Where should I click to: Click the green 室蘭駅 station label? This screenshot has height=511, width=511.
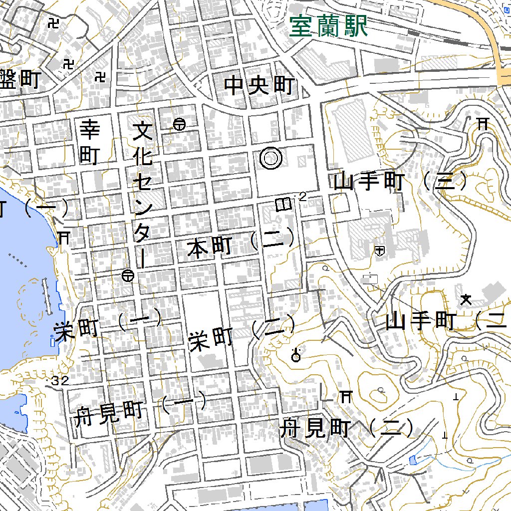(328, 26)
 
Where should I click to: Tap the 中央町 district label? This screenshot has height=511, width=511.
(259, 86)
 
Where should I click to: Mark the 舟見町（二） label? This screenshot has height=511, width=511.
(347, 428)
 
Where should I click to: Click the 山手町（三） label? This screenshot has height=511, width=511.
(402, 182)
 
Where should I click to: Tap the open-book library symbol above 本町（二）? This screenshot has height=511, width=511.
(283, 204)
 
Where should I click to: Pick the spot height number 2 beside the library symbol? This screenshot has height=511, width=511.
(302, 198)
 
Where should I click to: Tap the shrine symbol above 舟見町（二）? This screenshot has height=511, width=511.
(345, 397)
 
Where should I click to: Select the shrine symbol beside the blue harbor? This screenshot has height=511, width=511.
(64, 237)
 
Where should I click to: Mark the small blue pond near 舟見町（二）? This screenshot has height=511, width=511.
(412, 460)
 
